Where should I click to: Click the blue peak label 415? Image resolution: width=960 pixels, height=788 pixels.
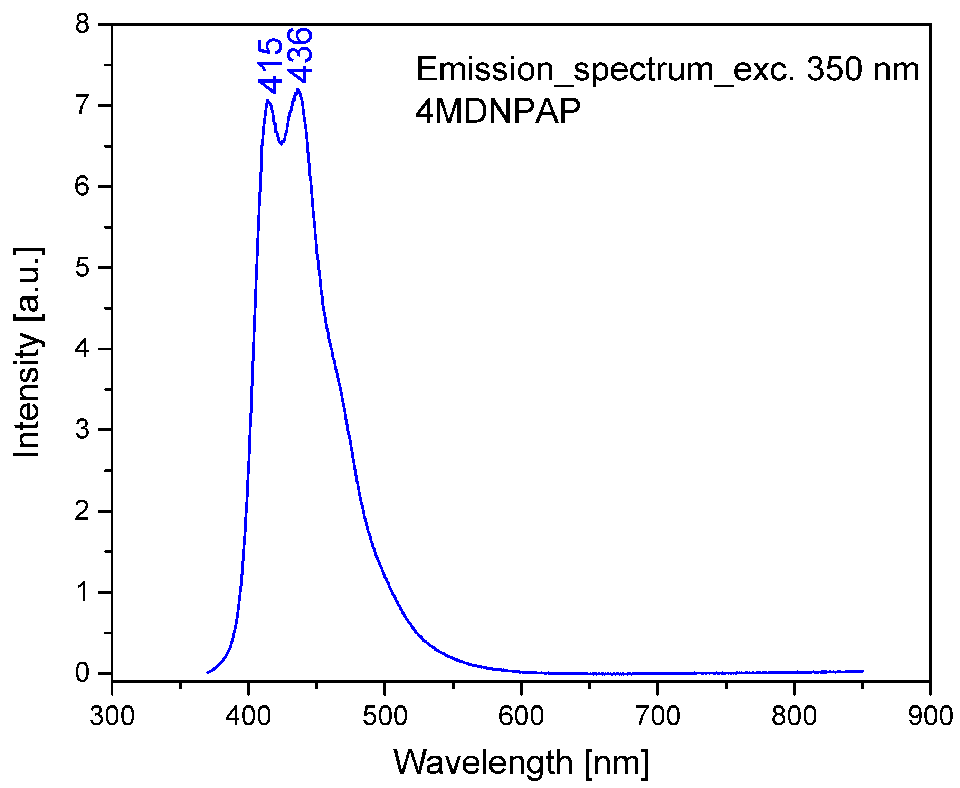coord(270,66)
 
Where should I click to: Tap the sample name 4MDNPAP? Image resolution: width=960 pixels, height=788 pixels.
coord(498,111)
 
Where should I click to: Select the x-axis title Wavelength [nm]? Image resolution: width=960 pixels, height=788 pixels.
coord(521,762)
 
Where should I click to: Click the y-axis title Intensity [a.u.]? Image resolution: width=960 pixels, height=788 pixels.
coord(28,352)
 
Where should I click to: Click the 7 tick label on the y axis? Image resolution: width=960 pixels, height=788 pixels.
coord(83,105)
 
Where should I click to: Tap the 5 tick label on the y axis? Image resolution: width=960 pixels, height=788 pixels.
coord(83,267)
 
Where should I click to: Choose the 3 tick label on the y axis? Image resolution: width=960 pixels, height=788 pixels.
coord(83,429)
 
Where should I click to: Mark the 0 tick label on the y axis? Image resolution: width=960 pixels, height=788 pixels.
coord(83,673)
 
